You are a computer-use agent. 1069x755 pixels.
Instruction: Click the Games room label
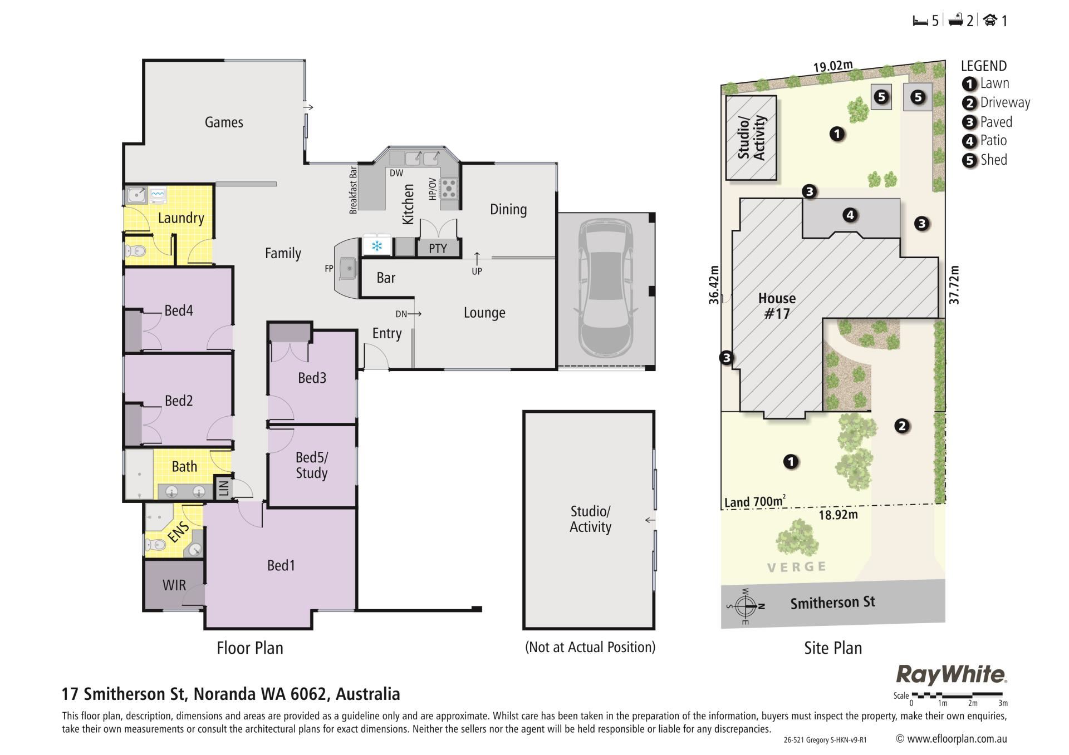coord(224,122)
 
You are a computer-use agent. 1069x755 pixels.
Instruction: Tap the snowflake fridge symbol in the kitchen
coord(377,245)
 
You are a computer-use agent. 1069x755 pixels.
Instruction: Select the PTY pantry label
coord(438,249)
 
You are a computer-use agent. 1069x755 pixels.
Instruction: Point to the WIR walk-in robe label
coord(174,585)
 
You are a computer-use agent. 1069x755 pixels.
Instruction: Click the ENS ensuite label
coord(179,532)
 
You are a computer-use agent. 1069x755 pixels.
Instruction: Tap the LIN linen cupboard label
coord(224,488)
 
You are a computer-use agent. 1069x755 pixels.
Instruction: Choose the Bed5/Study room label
coord(312,465)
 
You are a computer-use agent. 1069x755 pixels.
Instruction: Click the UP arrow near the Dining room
coord(477,257)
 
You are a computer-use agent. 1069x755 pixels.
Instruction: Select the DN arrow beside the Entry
coord(414,314)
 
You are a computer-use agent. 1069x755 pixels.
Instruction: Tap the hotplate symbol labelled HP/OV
coord(449,189)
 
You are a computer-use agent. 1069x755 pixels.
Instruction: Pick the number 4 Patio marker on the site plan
coord(850,215)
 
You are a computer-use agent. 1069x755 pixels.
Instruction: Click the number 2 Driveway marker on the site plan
coord(902,426)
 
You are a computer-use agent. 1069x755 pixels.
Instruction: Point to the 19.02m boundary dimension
coord(833,67)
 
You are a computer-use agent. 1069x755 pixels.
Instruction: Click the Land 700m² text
coord(754,502)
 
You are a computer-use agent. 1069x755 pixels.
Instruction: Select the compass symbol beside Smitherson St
coord(746,606)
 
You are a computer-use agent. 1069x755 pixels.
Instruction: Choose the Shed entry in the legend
coord(985,160)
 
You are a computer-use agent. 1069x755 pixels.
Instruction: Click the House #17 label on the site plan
coord(777,306)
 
